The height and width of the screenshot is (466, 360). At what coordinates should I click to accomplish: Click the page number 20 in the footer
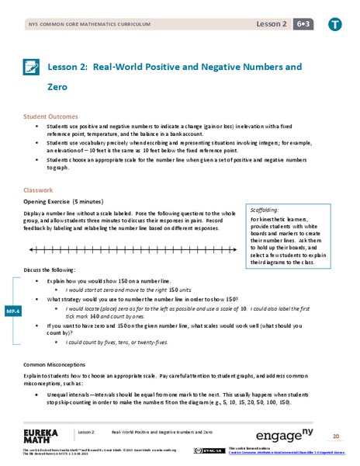(336, 435)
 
